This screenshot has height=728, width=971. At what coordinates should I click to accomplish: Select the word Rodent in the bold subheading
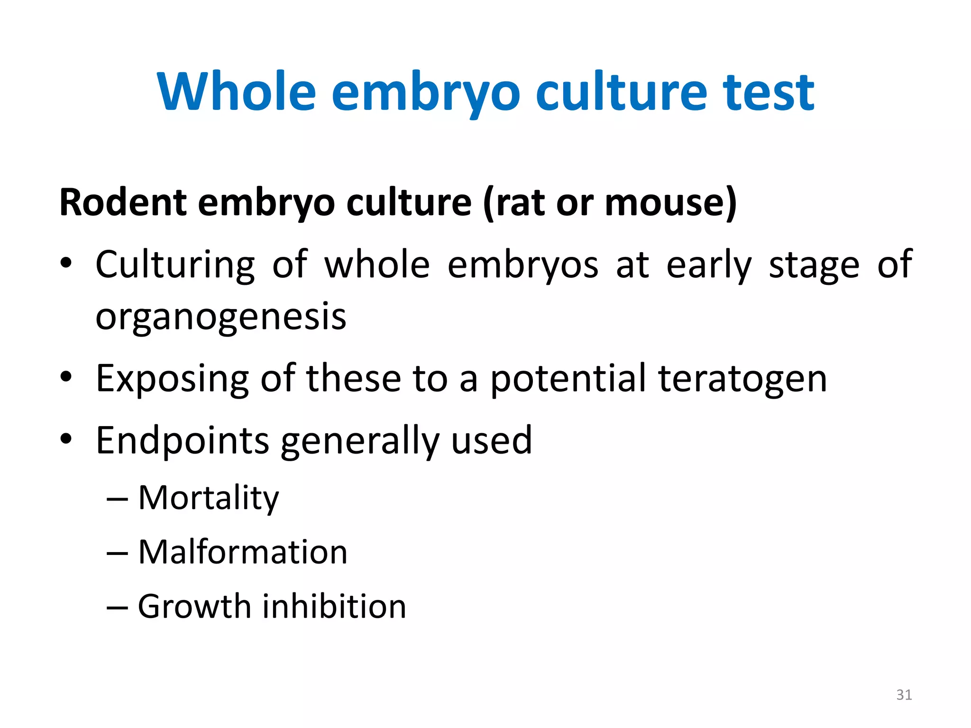click(123, 202)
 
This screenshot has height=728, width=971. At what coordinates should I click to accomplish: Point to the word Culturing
click(175, 264)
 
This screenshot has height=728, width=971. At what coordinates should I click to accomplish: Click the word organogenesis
click(221, 317)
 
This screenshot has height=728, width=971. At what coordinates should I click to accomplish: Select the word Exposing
click(172, 379)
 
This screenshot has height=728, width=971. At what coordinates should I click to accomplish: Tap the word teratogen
click(742, 379)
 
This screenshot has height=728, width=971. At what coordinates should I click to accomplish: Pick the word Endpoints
click(183, 441)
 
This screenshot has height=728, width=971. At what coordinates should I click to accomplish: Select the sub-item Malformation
click(243, 552)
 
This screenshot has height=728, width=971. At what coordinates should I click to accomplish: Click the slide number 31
click(904, 695)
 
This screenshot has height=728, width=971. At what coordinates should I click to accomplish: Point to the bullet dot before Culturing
click(66, 264)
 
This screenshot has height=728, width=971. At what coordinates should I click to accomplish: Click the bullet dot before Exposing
click(66, 378)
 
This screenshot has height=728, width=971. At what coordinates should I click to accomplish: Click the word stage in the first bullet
click(814, 264)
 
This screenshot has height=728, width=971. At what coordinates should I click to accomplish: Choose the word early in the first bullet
click(709, 264)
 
